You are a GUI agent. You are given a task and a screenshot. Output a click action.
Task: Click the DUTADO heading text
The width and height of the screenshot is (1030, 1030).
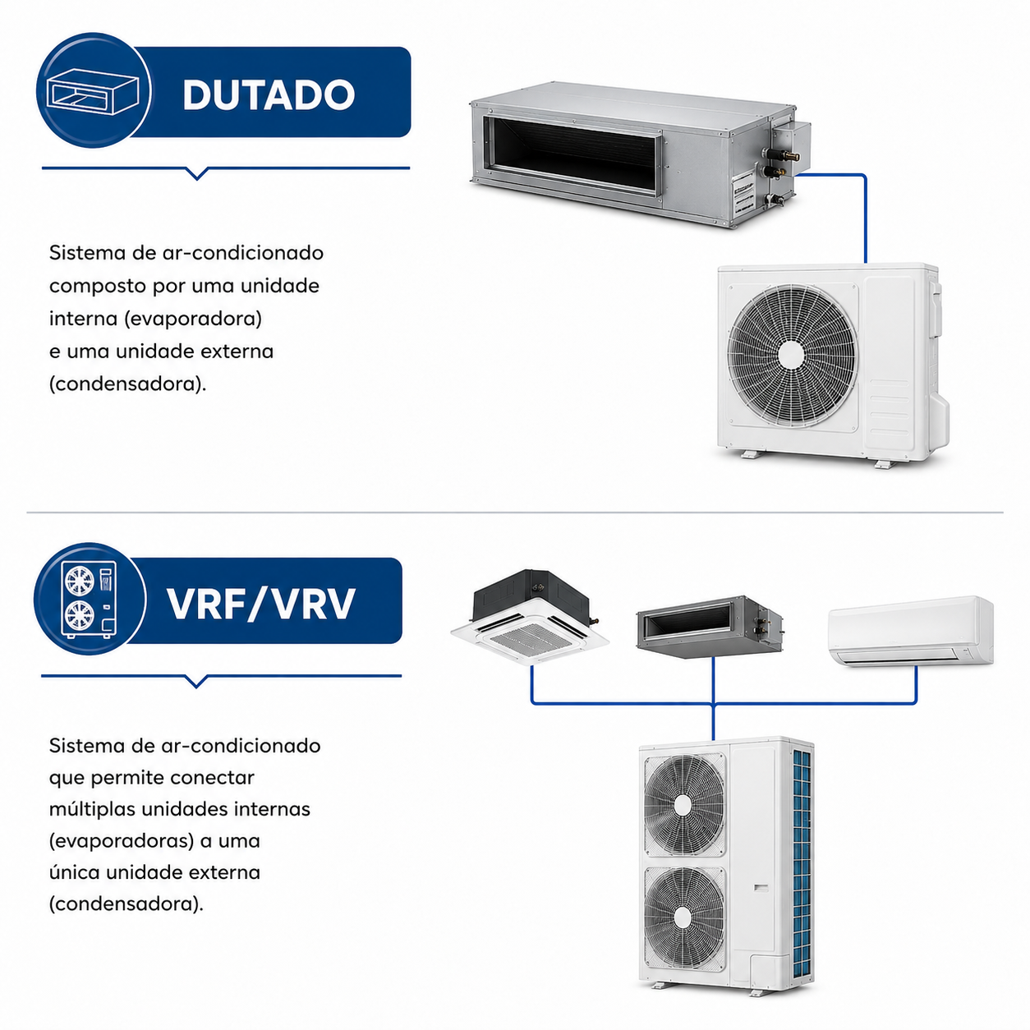coord(269,94)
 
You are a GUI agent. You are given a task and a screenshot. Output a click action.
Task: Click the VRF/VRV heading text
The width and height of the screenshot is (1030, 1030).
coord(261,604)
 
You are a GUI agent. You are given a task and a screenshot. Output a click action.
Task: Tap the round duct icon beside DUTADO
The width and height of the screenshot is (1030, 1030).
coord(94,91)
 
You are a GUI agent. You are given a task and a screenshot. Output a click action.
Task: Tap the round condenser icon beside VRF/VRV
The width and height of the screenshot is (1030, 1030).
coord(90,599)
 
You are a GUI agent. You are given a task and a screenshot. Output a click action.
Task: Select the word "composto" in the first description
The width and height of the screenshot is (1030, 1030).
coord(98,287)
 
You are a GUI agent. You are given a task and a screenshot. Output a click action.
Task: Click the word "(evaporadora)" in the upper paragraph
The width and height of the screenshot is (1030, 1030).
coord(193,319)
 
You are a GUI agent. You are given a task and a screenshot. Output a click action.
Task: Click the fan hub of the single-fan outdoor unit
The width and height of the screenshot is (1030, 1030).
coord(791,355)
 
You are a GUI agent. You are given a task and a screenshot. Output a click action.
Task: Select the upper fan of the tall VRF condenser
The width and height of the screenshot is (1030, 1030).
coord(684,804)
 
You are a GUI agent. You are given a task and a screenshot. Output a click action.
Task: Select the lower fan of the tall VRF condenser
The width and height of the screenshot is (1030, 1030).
coord(684,917)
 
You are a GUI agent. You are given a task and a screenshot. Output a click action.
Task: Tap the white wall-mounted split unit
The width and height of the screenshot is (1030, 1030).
coord(911,632)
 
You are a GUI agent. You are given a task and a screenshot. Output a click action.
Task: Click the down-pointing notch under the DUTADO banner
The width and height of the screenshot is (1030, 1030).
coord(196,173)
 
